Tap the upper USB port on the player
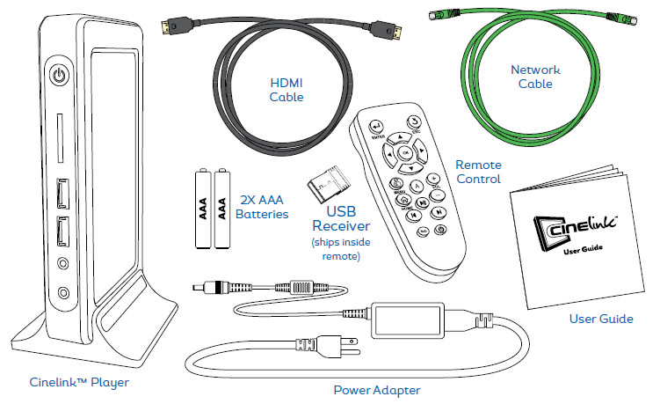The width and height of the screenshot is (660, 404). click(62, 190)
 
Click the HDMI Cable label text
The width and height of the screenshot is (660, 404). click(286, 88)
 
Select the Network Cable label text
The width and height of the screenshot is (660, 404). click(535, 77)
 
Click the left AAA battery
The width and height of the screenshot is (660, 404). click(200, 209)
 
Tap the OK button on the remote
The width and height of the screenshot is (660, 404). click(406, 151)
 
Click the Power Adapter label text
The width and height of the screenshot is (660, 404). click(376, 389)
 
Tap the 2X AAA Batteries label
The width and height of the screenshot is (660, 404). click(264, 207)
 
